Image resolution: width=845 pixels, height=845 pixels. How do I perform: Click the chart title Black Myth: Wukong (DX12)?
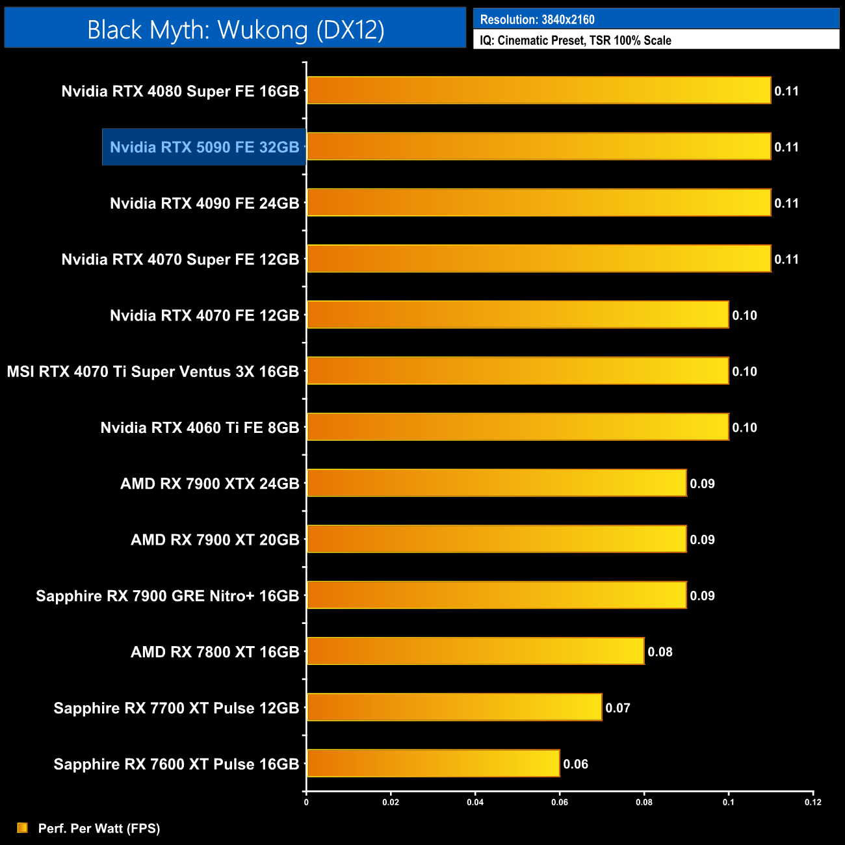coord(235,30)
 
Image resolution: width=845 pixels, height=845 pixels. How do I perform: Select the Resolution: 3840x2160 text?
coord(537,19)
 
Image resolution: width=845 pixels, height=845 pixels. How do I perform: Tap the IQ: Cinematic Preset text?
coord(575,40)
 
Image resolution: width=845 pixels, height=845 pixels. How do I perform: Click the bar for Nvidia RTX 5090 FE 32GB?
coord(538,147)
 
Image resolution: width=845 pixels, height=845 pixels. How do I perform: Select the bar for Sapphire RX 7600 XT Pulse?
coord(433,764)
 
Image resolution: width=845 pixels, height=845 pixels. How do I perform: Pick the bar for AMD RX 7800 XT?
coord(475,651)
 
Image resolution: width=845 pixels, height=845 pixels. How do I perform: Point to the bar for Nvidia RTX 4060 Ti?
coord(517,427)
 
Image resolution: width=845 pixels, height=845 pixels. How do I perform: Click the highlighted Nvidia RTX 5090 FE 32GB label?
coord(204,148)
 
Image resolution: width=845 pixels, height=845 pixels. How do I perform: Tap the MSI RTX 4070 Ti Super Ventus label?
coord(153,372)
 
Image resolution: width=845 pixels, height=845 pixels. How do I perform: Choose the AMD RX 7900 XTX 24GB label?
coord(209,484)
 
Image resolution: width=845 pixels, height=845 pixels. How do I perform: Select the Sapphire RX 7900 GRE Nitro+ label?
coord(167,596)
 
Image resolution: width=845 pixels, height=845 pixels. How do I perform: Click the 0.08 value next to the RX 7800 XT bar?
coord(660,652)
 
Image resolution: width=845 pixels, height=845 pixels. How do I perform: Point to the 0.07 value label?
coord(617,708)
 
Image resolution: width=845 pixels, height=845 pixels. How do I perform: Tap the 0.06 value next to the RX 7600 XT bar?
coord(575,764)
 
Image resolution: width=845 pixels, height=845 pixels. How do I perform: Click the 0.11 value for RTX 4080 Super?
coord(786,91)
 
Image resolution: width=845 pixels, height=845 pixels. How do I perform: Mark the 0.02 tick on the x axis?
coord(391,802)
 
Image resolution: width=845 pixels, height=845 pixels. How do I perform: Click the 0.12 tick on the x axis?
coord(812,802)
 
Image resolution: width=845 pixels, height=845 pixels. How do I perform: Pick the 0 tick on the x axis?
coord(306,802)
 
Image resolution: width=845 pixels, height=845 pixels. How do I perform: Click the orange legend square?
coord(23,827)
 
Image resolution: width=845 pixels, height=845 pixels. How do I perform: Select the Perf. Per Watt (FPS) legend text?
coord(99,828)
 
